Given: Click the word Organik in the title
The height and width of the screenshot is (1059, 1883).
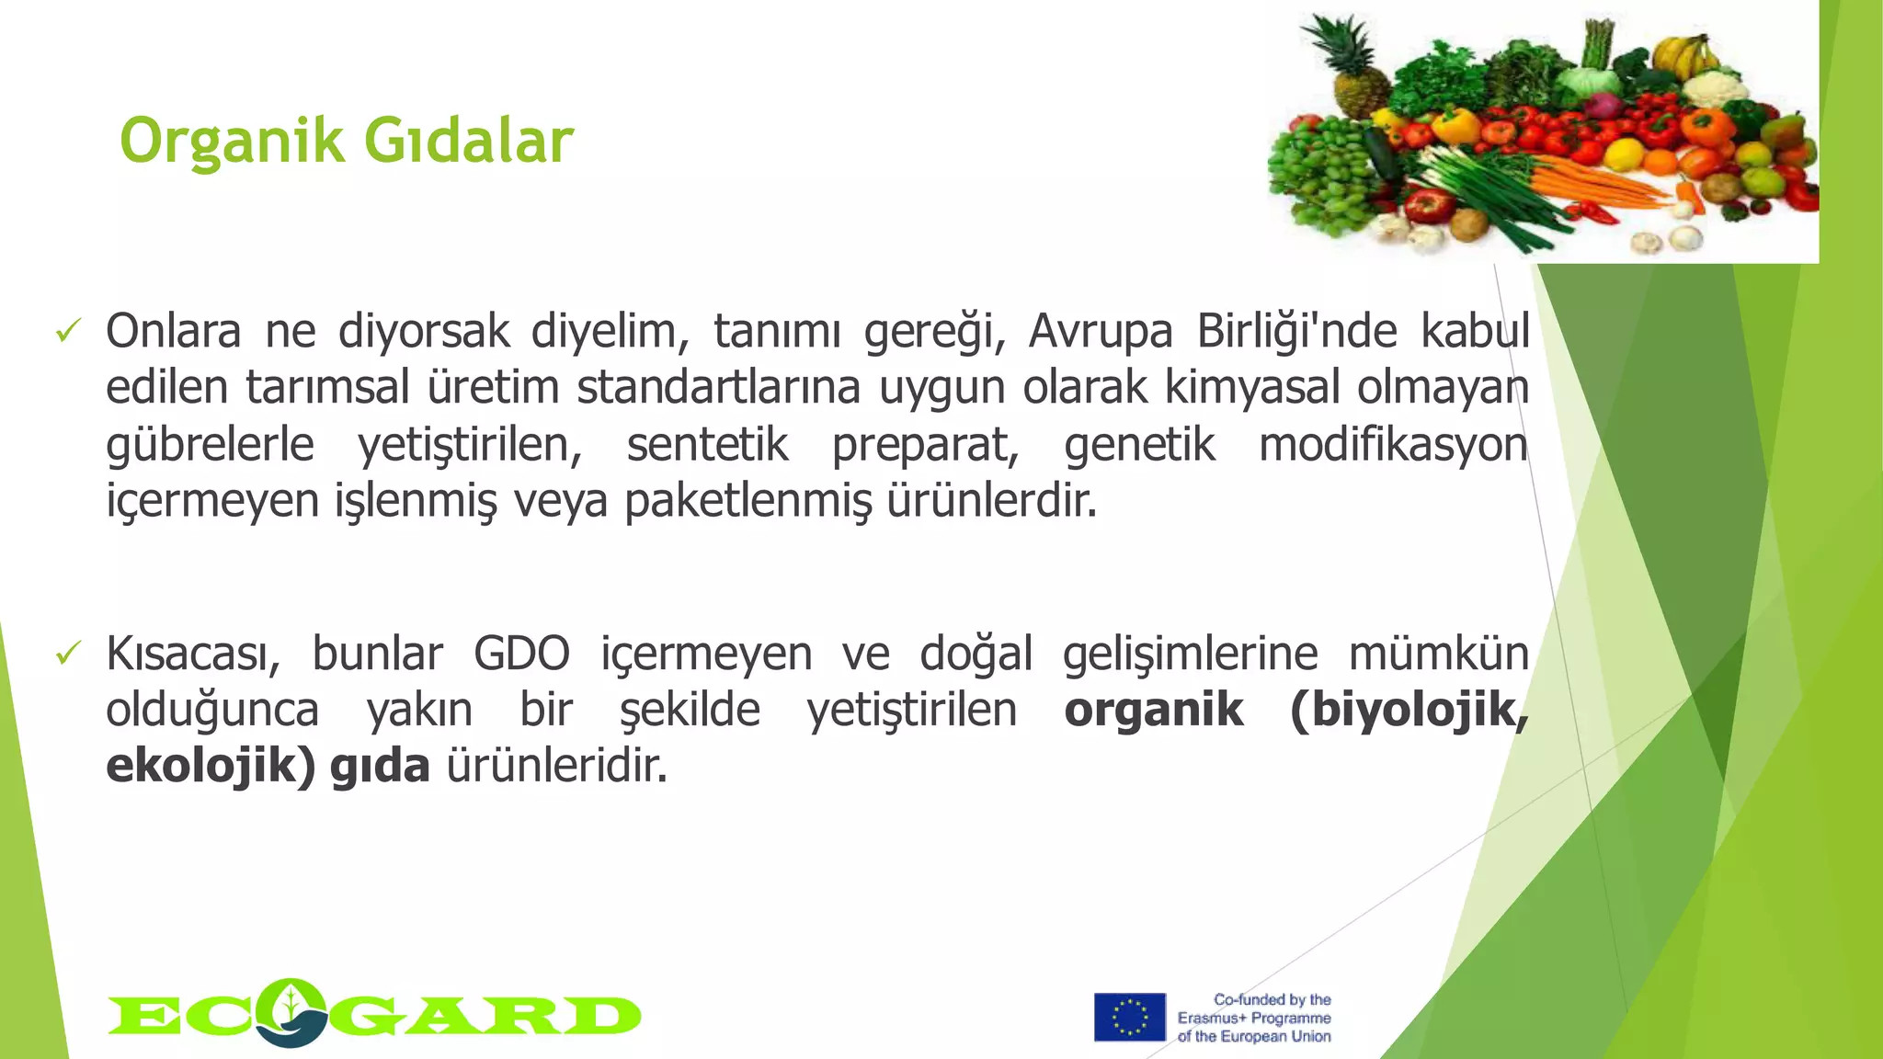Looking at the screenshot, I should click(232, 142).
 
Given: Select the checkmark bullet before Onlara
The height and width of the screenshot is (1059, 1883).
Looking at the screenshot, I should click(69, 330).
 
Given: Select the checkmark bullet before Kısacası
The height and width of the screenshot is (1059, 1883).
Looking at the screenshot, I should click(69, 654).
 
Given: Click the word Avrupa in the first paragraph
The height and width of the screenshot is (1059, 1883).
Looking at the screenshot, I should click(1100, 331).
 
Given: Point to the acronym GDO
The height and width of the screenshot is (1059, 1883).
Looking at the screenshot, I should click(521, 654).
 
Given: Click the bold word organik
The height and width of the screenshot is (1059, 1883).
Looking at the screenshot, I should click(1153, 710).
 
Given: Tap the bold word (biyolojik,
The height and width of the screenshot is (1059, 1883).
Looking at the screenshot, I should click(1409, 710).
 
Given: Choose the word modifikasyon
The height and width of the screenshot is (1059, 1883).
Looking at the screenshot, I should click(1392, 445).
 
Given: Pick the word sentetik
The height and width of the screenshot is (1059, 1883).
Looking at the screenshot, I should click(707, 445).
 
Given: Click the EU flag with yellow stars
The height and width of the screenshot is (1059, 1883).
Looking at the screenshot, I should click(1129, 1017).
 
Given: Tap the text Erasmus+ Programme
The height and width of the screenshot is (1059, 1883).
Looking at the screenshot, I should click(1254, 1018).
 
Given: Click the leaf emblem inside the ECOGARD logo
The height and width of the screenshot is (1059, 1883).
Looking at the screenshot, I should click(291, 1010).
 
